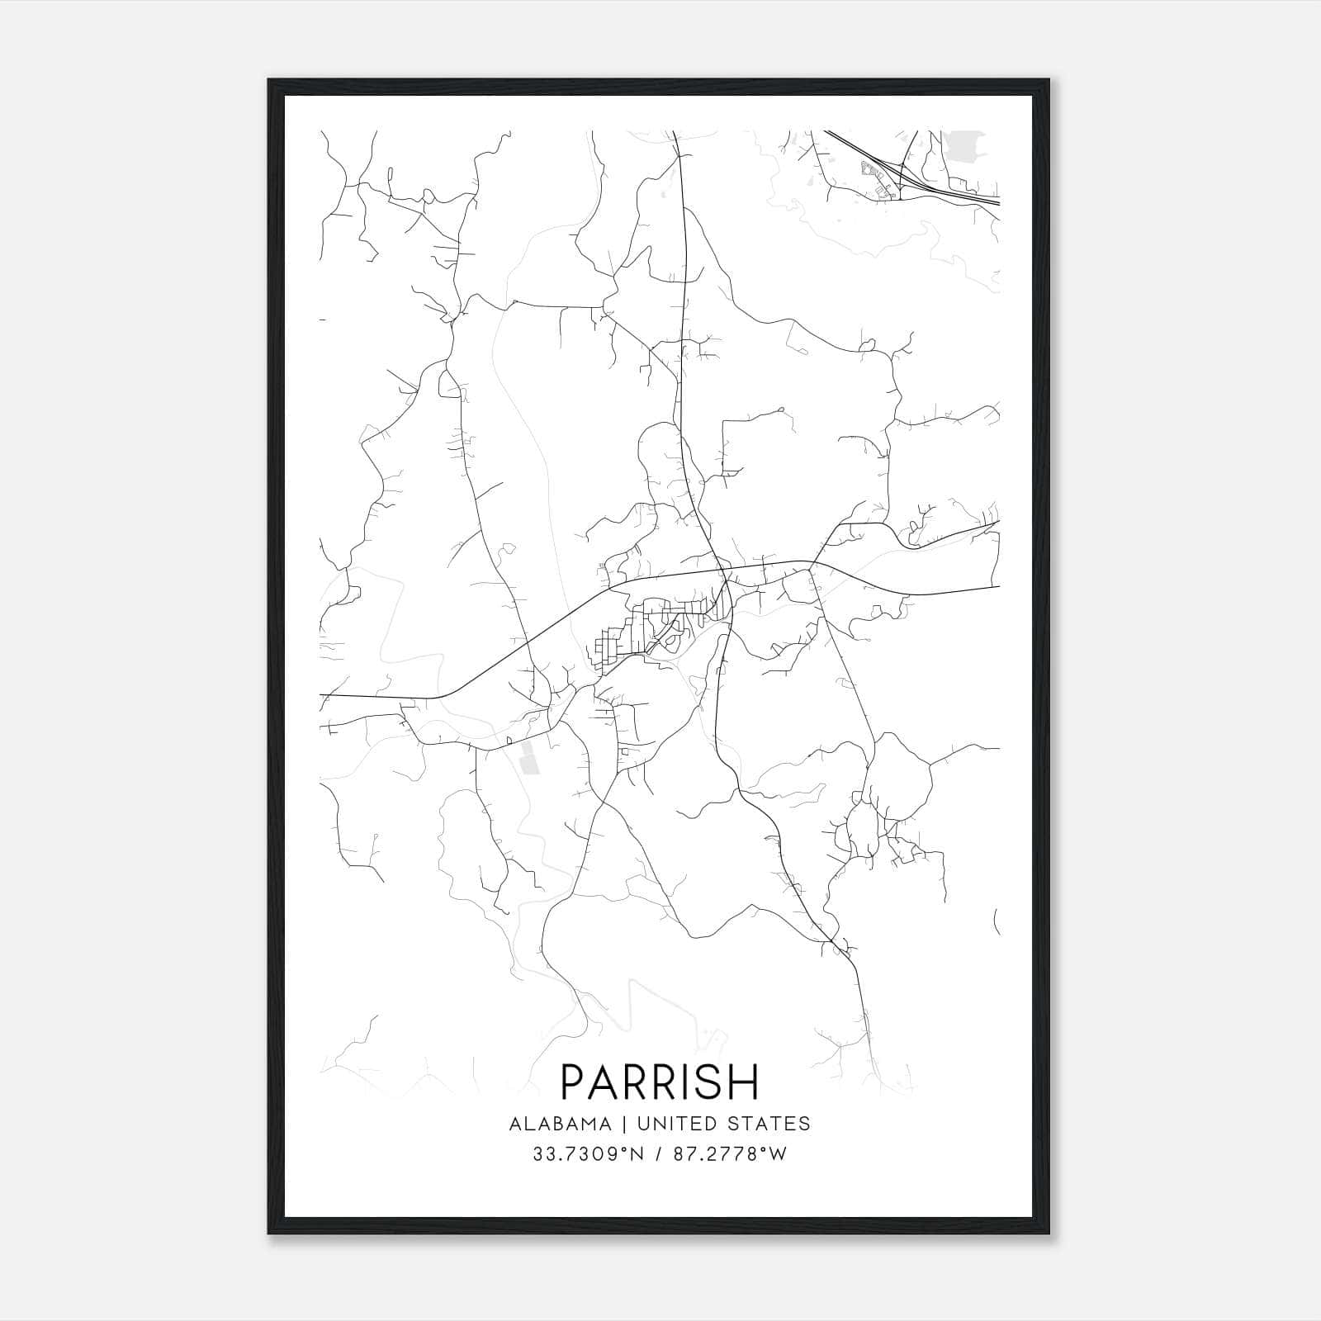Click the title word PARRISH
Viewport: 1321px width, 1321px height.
pyautogui.click(x=660, y=1081)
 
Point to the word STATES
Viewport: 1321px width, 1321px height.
pyautogui.click(x=772, y=1124)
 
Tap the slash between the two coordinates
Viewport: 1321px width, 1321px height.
pyautogui.click(x=659, y=1154)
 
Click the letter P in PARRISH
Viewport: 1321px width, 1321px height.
pyautogui.click(x=574, y=1081)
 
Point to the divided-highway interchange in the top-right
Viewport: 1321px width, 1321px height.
pyautogui.click(x=900, y=175)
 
